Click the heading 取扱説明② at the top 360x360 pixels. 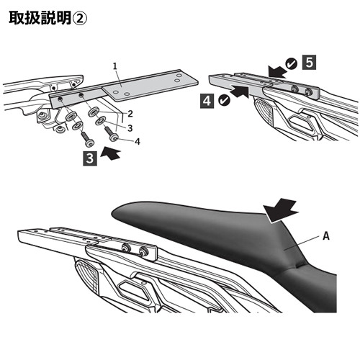click(x=48, y=18)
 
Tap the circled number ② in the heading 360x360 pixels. click(x=80, y=18)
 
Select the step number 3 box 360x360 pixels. click(x=90, y=158)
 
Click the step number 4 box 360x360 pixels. click(x=207, y=101)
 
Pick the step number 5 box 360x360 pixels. click(x=309, y=63)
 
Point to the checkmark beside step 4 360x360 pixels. click(x=225, y=100)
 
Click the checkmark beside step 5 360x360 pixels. click(x=292, y=64)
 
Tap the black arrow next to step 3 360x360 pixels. click(x=110, y=153)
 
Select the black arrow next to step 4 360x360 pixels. click(x=240, y=92)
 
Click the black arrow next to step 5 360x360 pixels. click(x=276, y=71)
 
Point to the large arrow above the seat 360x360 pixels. click(x=281, y=211)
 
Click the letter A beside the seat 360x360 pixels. click(x=326, y=236)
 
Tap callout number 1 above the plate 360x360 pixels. click(x=115, y=66)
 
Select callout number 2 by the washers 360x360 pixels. click(x=130, y=114)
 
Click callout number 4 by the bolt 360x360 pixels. click(x=138, y=142)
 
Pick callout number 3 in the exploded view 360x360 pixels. click(x=130, y=128)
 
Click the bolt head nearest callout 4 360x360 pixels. click(x=114, y=138)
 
